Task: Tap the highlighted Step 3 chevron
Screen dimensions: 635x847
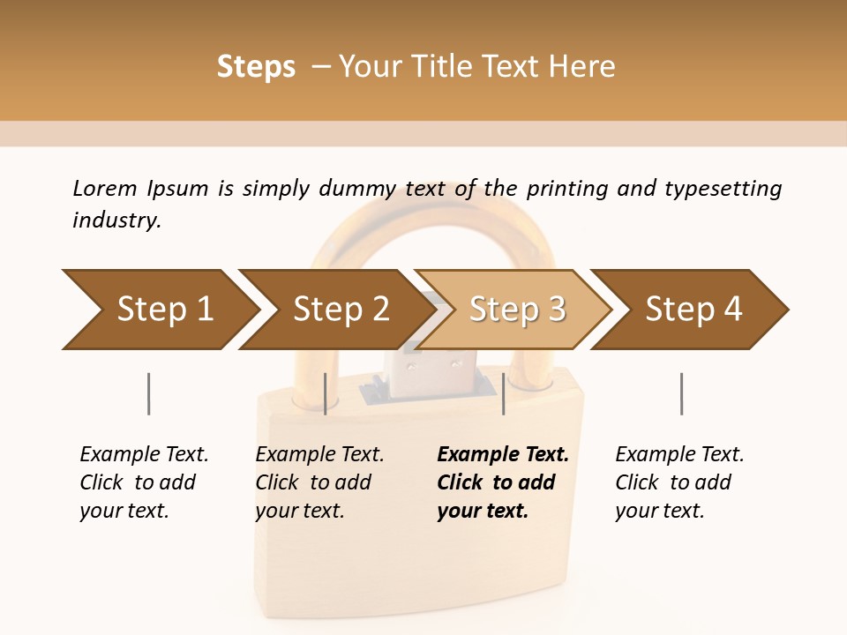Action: point(517,310)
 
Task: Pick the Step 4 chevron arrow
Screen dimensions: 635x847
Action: point(693,310)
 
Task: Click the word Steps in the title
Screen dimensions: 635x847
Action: point(256,67)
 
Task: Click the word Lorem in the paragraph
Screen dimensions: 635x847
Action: point(104,188)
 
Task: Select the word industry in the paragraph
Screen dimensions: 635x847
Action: point(116,220)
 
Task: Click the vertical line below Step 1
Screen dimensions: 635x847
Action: point(148,393)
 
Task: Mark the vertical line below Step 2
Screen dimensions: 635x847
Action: point(326,393)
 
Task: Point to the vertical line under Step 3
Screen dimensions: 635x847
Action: point(503,393)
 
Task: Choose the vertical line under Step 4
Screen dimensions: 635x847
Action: point(681,393)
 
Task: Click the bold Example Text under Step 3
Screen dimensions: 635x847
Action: point(503,454)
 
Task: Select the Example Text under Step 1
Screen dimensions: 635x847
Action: point(144,454)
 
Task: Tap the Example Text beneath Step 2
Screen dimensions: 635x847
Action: point(319,454)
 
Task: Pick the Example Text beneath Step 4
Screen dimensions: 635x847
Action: point(679,454)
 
